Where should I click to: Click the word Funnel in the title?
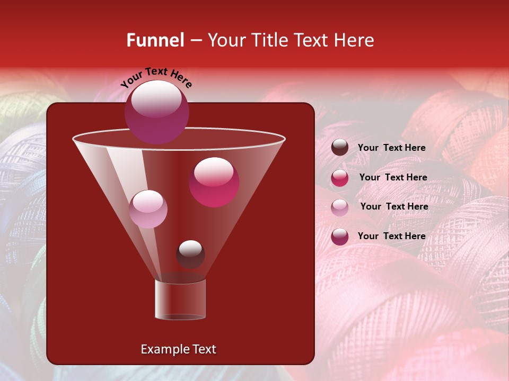[155, 40]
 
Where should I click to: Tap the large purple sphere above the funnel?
[157, 112]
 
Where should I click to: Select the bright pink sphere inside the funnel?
[214, 182]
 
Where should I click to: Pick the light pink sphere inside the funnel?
[148, 209]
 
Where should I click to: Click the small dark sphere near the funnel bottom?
[190, 254]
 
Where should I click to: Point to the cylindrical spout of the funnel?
[180, 300]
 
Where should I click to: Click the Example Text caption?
[178, 349]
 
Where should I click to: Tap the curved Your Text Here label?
[156, 77]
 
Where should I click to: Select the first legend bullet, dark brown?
[340, 148]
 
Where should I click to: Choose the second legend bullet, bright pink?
[340, 178]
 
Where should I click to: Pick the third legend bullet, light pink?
[340, 207]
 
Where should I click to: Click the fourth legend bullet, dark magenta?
[340, 237]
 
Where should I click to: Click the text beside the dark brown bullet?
[391, 148]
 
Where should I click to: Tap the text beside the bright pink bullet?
[393, 177]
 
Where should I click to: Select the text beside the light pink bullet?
[394, 206]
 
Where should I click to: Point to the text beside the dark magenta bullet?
[391, 236]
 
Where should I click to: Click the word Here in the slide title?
[356, 40]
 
